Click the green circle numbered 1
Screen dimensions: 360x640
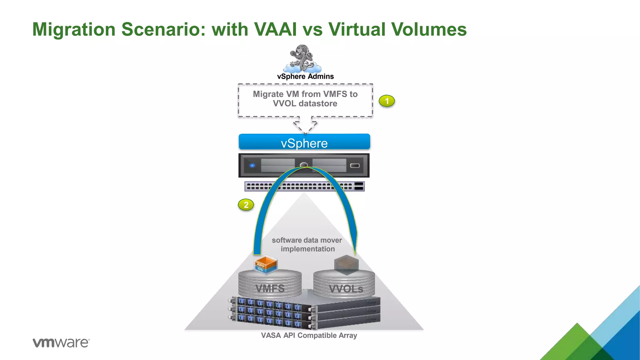coord(387,101)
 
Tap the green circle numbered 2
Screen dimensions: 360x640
coord(246,205)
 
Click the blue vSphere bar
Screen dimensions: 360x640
coord(304,142)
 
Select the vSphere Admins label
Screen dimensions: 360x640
coord(305,77)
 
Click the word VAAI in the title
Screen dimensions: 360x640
coord(275,29)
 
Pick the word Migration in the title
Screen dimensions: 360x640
coord(74,29)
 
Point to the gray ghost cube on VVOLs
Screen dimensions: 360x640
coord(346,264)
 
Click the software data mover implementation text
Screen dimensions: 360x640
coord(307,244)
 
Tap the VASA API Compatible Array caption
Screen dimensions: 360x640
coord(309,335)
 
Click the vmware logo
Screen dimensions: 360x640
coord(61,342)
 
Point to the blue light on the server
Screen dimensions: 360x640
coord(252,165)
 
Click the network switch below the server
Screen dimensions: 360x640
coord(304,186)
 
